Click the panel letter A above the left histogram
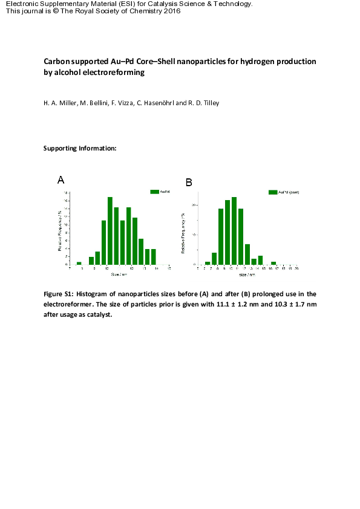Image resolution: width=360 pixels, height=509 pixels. click(x=61, y=180)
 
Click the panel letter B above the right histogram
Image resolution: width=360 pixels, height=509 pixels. click(x=189, y=182)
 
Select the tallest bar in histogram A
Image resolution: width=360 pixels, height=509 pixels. click(x=110, y=230)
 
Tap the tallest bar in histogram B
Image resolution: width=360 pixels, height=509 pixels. click(x=234, y=230)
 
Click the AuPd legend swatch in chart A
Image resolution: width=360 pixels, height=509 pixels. click(x=155, y=192)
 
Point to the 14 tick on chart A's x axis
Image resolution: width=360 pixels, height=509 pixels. click(x=157, y=268)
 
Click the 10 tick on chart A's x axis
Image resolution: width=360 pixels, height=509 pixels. click(x=106, y=268)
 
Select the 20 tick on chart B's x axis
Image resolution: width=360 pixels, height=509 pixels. click(x=296, y=268)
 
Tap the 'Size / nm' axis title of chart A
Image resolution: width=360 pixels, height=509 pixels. click(x=119, y=274)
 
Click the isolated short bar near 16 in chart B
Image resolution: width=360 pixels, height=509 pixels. click(x=273, y=263)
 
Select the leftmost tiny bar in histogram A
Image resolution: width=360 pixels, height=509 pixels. click(x=79, y=263)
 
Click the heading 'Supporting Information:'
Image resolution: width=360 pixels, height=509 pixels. click(x=79, y=148)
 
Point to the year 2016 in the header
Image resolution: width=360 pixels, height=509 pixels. click(x=168, y=11)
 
